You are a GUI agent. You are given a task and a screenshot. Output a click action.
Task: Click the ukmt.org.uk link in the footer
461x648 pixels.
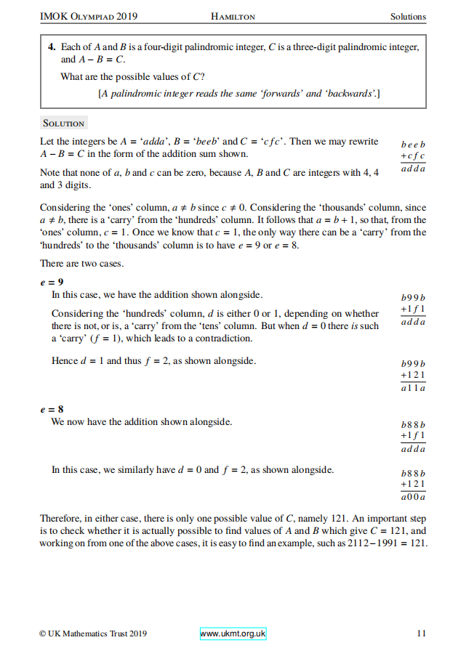tap(233, 633)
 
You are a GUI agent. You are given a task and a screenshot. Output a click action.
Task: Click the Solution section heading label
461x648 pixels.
tap(64, 123)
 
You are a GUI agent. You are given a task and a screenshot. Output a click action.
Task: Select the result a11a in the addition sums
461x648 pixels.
tap(413, 388)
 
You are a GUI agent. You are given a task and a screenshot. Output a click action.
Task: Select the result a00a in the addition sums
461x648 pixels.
tap(413, 497)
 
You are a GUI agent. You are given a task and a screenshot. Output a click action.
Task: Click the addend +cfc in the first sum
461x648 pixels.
tap(413, 156)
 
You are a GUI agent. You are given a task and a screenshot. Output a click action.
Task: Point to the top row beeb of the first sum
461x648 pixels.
tap(413, 145)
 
